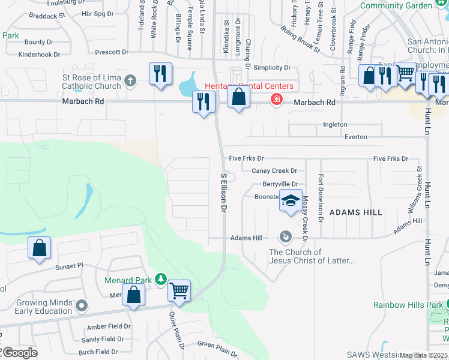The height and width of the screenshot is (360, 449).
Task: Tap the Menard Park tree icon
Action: pos(160,278)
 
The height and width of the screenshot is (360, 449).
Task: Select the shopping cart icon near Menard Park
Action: pos(179,291)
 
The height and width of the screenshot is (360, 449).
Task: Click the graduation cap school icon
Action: pos(291,200)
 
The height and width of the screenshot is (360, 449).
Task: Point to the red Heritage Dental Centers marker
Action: pos(276,98)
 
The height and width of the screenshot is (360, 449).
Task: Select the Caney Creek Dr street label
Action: pos(274,171)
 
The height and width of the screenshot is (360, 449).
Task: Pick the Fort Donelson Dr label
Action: pos(321,198)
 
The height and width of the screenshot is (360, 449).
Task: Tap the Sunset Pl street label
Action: pos(69,266)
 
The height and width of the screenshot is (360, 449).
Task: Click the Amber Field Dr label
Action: pos(109,326)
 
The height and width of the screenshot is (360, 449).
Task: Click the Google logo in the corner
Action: pos(19,353)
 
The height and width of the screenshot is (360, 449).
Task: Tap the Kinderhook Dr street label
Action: pos(40,54)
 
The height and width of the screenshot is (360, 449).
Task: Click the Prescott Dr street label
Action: pos(107,52)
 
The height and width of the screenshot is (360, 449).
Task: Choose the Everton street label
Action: pos(356,137)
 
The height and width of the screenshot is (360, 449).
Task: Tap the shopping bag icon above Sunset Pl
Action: pos(39,248)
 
